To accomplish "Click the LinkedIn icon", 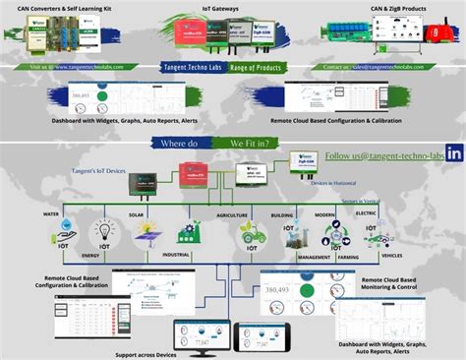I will (x=454, y=153).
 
